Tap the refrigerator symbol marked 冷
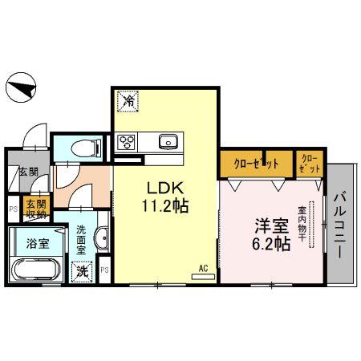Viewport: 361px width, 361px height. (128, 102)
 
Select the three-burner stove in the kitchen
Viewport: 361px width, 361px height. (128, 143)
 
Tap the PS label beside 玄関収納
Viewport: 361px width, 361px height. (12, 209)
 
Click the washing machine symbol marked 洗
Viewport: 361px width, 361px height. (82, 271)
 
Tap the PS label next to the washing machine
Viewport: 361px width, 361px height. (105, 269)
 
